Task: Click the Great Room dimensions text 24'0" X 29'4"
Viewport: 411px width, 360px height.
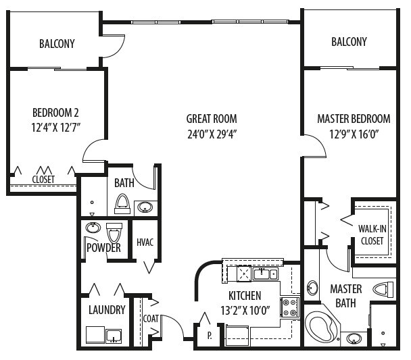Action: coord(212,134)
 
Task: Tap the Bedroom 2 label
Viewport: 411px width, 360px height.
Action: coord(55,113)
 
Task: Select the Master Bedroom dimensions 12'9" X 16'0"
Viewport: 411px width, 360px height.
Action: coord(354,134)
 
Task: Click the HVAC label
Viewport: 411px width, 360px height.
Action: coord(145,242)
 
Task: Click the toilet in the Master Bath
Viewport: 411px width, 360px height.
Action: coord(383,290)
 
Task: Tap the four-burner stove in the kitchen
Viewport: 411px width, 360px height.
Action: coord(289,307)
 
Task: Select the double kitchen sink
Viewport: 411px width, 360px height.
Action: coord(265,274)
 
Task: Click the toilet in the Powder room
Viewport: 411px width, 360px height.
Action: coord(114,233)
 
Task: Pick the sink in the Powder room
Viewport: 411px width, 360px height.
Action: coord(93,228)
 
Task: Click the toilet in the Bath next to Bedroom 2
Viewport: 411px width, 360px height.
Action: coord(122,204)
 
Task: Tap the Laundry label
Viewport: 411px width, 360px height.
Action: coord(107,310)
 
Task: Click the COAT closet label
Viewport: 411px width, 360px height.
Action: coord(151,319)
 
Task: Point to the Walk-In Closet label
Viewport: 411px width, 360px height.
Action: coord(372,234)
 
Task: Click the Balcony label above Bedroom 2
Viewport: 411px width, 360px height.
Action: coord(57,44)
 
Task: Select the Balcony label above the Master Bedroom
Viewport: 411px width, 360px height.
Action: coord(349,42)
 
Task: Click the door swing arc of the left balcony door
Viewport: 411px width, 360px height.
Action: coord(121,49)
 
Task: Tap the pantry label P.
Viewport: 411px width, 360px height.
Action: coord(210,336)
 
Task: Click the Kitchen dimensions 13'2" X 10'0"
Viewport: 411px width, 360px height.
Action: coord(245,311)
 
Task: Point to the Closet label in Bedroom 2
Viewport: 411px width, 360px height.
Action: coord(43,180)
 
